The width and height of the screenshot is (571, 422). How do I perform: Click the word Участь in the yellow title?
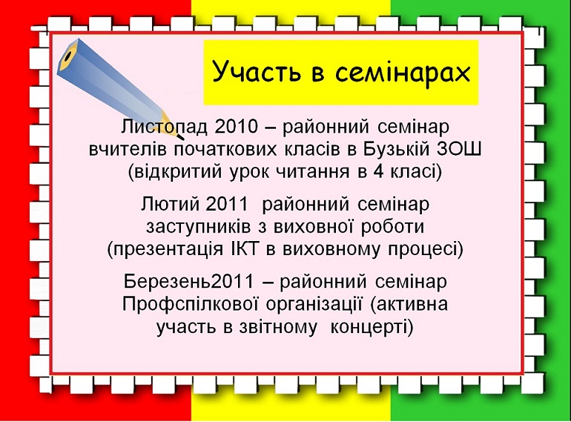point(257,72)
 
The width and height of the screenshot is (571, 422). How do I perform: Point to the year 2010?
point(236,126)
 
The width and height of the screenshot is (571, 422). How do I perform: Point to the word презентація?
point(165,250)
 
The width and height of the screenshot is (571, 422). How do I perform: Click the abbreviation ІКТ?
point(245,249)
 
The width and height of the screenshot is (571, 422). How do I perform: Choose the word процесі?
point(426,250)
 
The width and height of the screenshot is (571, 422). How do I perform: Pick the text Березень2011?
point(188,281)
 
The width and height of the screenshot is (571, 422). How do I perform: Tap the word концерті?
point(372,327)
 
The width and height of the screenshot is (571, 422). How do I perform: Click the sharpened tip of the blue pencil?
point(182,139)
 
